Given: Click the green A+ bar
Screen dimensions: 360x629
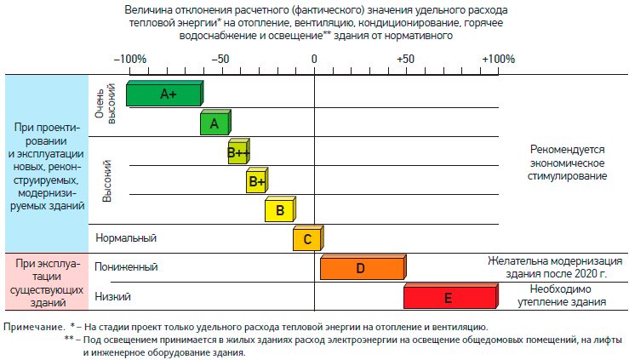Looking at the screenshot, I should [165, 94].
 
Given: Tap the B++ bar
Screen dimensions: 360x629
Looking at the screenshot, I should [239, 153].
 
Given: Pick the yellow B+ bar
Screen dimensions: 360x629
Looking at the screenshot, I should [256, 181].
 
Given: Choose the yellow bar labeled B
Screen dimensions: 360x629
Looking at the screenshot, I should [279, 209].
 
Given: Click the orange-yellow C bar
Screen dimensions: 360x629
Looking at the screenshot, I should [306, 238].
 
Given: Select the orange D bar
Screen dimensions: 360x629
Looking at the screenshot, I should [362, 267].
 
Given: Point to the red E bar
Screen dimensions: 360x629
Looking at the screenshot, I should [449, 297].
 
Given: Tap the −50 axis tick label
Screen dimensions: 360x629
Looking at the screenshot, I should [220, 60].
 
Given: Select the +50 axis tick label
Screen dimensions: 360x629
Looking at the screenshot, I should [405, 60].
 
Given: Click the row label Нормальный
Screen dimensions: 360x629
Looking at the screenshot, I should [126, 238].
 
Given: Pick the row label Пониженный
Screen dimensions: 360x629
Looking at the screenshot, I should [126, 267].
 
